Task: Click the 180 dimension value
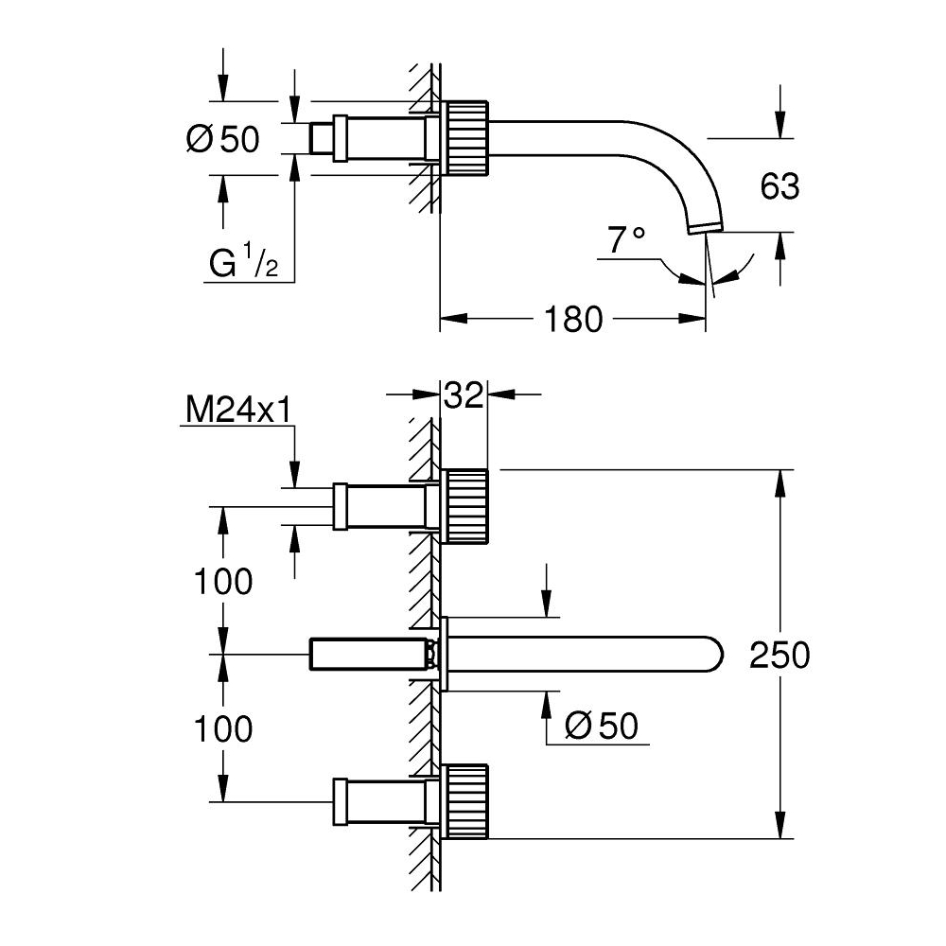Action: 573,319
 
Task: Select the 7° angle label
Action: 626,240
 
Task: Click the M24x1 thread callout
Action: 238,411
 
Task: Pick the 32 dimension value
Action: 464,395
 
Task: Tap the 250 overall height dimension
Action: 780,656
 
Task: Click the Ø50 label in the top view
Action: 222,139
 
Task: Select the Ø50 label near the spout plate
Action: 602,726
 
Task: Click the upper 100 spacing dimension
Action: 222,582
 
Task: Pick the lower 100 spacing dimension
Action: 222,728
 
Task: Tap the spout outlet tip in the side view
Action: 706,228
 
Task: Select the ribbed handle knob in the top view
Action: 466,138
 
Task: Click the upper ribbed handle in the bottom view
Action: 466,505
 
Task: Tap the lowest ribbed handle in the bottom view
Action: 466,802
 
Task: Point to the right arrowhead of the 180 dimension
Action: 692,319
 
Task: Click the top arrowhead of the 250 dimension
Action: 780,482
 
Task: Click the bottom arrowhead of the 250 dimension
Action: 780,825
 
